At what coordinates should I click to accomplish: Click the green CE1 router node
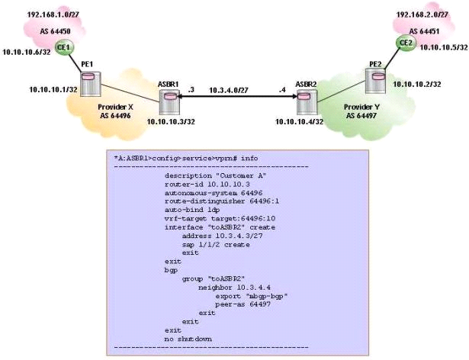pos(64,47)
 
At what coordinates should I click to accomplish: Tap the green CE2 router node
pos(406,43)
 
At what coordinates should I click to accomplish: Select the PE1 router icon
pos(91,83)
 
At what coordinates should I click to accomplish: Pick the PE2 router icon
pos(375,81)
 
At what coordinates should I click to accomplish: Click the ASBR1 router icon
pos(169,101)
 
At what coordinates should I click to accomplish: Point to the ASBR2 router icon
pos(307,101)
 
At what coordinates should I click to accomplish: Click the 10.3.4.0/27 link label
pos(229,90)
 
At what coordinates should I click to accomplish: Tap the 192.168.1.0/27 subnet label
pos(53,14)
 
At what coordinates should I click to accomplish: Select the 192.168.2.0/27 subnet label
pos(422,14)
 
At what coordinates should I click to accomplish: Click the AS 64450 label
pos(56,31)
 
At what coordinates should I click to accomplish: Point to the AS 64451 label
pos(424,31)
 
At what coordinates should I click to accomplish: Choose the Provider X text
pos(115,107)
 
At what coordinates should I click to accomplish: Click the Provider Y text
pos(361,107)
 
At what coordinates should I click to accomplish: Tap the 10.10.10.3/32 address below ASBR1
pos(171,122)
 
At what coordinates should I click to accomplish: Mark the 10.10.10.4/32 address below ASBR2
pos(299,122)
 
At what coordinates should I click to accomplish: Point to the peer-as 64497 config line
pos(243,304)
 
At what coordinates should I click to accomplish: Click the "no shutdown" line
pos(188,339)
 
